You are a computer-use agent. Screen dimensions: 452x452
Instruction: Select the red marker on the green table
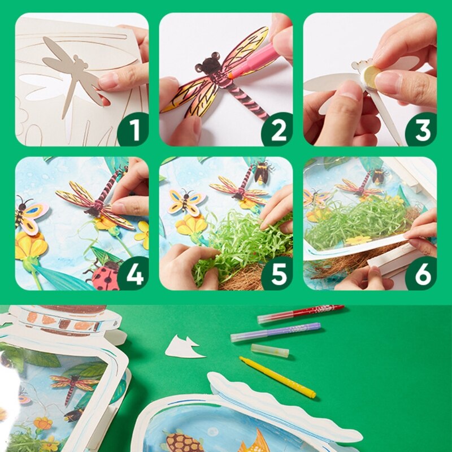(300, 314)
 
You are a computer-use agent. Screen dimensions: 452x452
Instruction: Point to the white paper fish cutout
(184, 347)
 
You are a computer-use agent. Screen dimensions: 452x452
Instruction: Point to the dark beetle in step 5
(261, 172)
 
